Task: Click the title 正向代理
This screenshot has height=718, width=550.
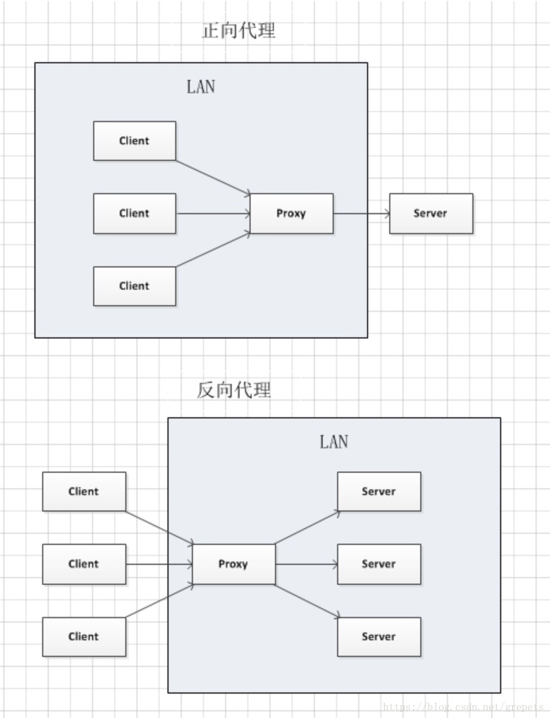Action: point(238,30)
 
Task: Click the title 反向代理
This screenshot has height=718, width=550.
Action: point(234,390)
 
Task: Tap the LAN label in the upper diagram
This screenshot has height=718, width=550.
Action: point(200,87)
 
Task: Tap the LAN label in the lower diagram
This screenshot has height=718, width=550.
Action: point(333,442)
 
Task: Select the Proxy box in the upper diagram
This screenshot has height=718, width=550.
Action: point(292,214)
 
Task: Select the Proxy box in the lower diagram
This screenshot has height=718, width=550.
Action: point(233,564)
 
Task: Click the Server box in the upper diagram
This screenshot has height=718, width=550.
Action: point(431,214)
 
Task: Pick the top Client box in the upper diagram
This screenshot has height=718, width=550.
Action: point(134,141)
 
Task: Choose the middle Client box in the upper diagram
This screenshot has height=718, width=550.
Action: point(134,214)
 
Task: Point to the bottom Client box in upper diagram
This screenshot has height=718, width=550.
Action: point(134,286)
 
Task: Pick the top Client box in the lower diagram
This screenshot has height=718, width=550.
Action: point(84,492)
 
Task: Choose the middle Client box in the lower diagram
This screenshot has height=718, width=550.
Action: point(84,564)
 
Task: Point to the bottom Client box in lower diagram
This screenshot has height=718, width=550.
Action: point(84,637)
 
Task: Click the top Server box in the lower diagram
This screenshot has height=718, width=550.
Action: point(379,492)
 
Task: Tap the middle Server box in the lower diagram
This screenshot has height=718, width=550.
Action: point(379,564)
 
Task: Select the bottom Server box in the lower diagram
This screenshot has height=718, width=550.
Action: point(379,637)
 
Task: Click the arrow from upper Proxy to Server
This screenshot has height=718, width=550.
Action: point(361,214)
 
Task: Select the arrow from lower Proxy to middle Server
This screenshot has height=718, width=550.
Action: point(306,564)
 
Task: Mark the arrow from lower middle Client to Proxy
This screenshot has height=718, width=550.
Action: point(159,564)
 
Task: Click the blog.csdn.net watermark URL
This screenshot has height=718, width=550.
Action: point(463,707)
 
